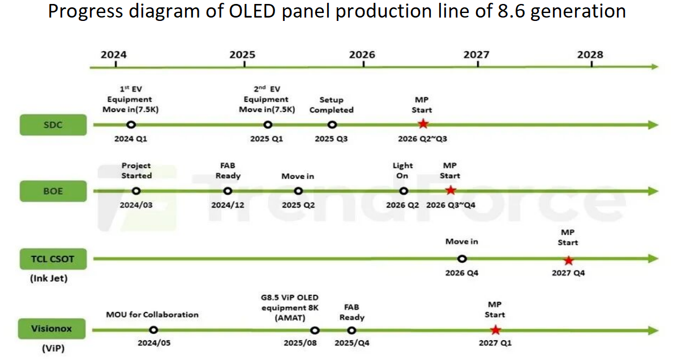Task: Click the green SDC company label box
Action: click(53, 125)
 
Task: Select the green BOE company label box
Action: click(53, 191)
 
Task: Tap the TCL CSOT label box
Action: click(53, 259)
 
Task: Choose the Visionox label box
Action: click(53, 329)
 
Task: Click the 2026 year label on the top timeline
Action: click(362, 54)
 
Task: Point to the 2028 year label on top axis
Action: click(590, 54)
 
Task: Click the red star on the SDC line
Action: click(423, 125)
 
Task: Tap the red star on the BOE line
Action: click(451, 191)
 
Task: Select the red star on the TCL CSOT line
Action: click(568, 260)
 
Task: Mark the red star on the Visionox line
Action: click(495, 330)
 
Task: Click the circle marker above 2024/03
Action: click(136, 191)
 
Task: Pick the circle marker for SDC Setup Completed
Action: click(332, 125)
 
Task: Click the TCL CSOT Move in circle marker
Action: click(462, 259)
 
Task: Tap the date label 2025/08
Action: click(301, 343)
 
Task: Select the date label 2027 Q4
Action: click(568, 273)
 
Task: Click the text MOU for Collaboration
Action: click(152, 314)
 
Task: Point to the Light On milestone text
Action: click(402, 170)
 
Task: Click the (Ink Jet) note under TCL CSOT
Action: click(53, 278)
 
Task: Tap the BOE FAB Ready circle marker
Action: click(228, 191)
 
